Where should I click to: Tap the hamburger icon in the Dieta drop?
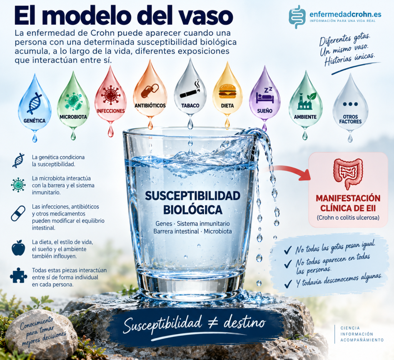click(228, 91)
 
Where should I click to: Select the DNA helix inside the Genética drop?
click(34, 103)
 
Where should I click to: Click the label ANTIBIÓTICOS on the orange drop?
click(150, 105)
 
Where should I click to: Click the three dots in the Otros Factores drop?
click(350, 104)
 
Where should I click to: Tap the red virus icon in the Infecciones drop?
click(110, 95)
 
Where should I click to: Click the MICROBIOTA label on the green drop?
click(73, 117)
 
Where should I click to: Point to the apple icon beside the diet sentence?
click(18, 248)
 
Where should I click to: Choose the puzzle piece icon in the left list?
click(18, 275)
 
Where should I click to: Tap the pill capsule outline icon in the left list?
click(18, 213)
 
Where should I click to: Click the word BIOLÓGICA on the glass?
click(193, 210)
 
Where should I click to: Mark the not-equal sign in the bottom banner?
click(214, 323)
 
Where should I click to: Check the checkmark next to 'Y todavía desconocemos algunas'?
click(288, 284)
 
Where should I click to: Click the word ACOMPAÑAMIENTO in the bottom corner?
click(362, 340)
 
